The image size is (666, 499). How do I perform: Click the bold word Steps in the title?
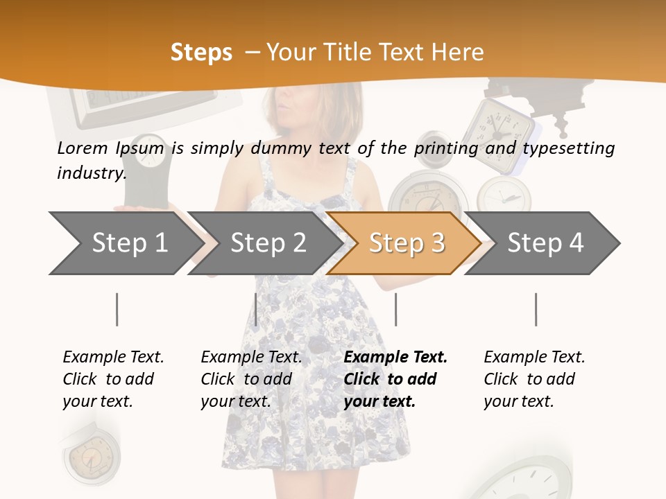(x=201, y=53)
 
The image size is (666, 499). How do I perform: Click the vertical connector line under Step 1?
(x=117, y=309)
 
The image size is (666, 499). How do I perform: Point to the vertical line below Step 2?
(x=256, y=309)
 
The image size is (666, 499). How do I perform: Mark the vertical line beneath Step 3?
(x=395, y=309)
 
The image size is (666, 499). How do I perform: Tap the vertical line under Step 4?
(x=536, y=309)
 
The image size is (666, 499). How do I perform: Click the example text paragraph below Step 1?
(x=112, y=379)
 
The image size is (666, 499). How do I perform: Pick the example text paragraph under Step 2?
(x=250, y=379)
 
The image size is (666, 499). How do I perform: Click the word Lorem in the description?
(x=82, y=148)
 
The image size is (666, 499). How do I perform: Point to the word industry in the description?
(x=92, y=173)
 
